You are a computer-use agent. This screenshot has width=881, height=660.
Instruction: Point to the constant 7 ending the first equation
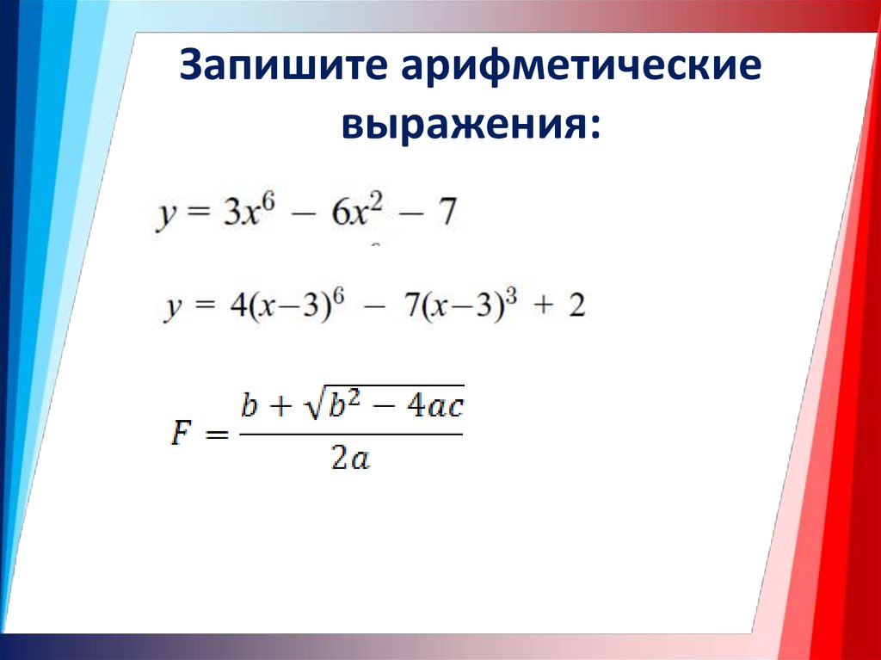coord(447,213)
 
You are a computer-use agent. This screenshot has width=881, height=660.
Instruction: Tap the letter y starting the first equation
coord(165,217)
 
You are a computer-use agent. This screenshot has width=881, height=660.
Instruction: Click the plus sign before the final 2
coord(542,307)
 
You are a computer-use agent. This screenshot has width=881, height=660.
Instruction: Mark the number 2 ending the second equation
coord(576,306)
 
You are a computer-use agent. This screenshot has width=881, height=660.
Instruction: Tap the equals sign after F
coord(216,435)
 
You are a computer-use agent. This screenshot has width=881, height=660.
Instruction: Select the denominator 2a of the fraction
coord(351,460)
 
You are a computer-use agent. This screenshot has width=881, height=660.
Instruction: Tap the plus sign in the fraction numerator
coord(280,406)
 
